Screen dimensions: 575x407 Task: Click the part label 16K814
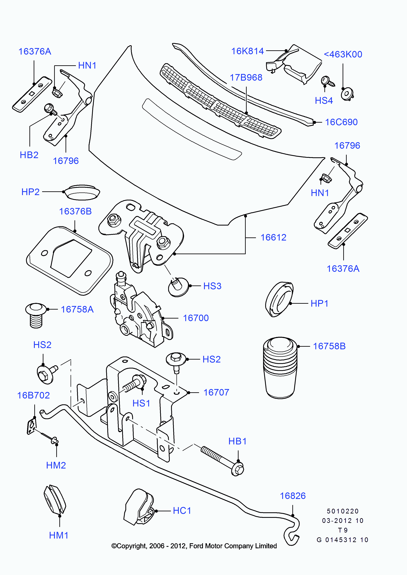[x=247, y=51]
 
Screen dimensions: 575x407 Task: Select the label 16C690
[x=341, y=122]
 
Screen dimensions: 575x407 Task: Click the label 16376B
[x=75, y=211]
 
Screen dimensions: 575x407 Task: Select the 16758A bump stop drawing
[x=36, y=315]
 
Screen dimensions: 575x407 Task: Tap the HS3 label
[x=212, y=286]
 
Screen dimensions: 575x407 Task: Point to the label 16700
[x=196, y=318]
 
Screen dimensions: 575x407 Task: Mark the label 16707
[x=216, y=393]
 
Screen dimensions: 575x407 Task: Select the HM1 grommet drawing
[x=54, y=499]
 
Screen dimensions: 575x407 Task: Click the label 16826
[x=293, y=496]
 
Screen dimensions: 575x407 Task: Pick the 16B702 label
[x=33, y=396]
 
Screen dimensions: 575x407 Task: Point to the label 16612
[x=273, y=237]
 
